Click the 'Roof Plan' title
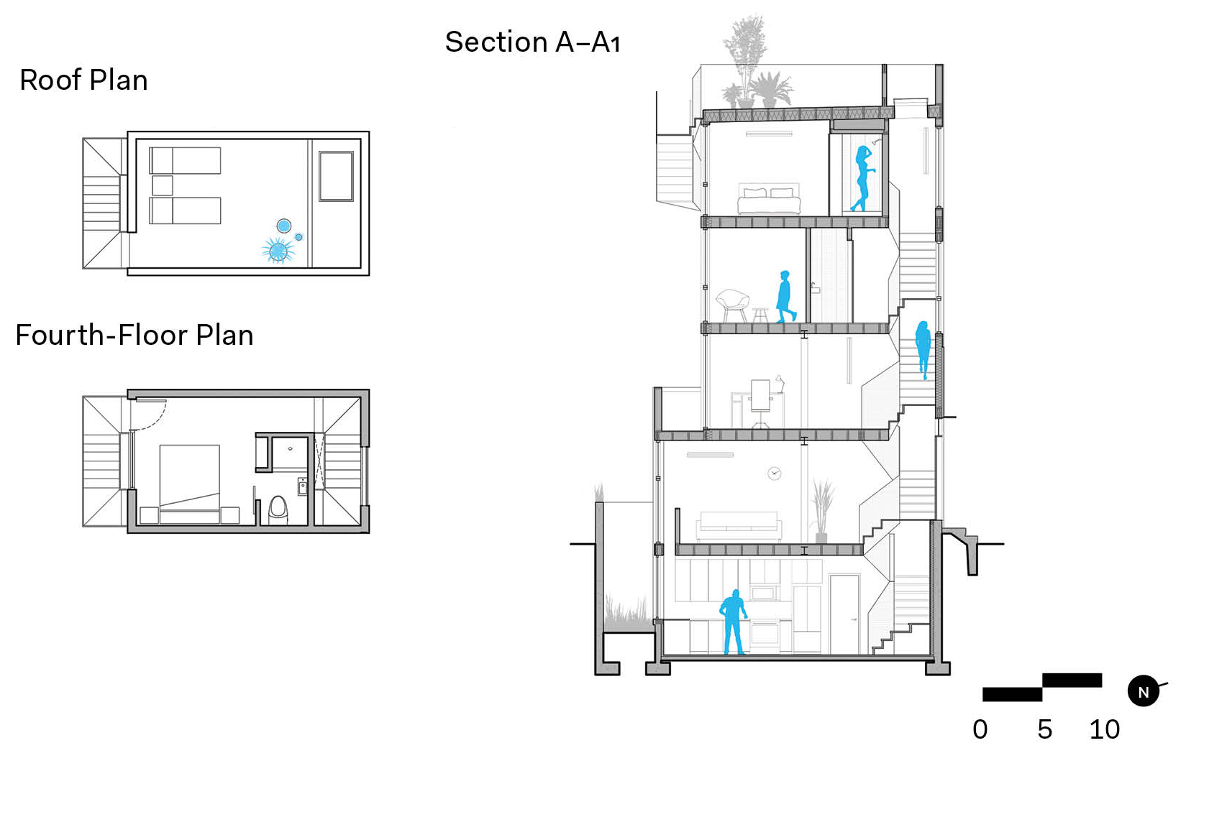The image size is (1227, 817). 84,80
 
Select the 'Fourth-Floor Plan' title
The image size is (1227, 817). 134,335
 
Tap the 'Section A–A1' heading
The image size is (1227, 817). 532,42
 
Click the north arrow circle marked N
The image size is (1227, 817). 1143,692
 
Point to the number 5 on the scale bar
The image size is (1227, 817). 1045,729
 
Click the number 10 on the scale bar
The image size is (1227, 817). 1104,729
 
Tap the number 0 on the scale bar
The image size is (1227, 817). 980,729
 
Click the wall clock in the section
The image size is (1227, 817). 774,474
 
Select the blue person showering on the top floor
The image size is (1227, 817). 863,178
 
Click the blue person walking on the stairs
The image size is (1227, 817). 923,349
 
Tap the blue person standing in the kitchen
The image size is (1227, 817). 734,622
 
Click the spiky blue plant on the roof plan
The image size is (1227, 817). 278,251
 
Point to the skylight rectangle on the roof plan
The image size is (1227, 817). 336,176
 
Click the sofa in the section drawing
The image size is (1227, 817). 739,527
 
